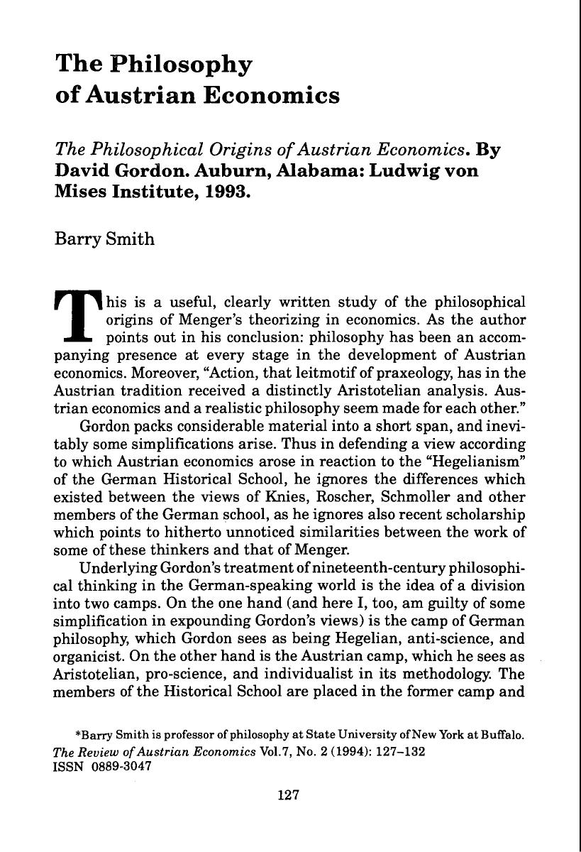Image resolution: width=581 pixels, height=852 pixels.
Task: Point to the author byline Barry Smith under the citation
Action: click(104, 238)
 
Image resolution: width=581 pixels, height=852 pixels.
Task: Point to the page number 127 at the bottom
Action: click(290, 795)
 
